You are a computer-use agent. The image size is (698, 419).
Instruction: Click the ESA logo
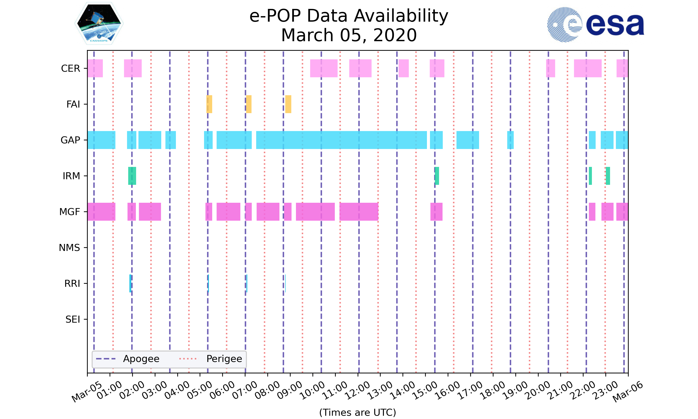click(x=595, y=25)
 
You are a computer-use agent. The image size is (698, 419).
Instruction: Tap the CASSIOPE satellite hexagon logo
click(x=99, y=24)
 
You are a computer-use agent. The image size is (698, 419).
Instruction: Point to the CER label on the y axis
click(x=70, y=68)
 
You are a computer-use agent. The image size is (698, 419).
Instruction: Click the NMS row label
click(x=69, y=248)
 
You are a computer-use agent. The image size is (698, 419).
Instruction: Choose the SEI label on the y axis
click(x=73, y=319)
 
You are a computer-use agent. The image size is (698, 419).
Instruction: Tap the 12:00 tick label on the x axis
click(x=358, y=390)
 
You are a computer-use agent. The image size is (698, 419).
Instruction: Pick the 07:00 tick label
click(x=245, y=390)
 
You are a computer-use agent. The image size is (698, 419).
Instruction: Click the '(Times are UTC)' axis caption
click(x=357, y=412)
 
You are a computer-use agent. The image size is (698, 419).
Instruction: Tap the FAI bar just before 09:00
click(x=288, y=104)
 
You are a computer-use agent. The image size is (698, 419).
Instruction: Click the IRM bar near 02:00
click(x=132, y=176)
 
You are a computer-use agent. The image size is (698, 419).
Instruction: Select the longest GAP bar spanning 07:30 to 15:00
click(x=341, y=140)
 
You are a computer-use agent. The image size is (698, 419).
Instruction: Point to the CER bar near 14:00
click(x=403, y=68)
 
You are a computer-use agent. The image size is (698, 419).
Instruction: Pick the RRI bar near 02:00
click(x=130, y=283)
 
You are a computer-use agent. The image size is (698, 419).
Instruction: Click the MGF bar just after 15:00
click(x=436, y=212)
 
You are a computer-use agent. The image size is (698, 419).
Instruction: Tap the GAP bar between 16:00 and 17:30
click(x=467, y=140)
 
